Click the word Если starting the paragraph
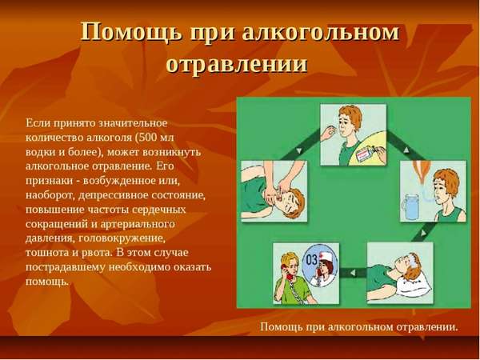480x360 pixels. pos(37,122)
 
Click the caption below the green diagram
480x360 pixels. pos(359,326)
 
